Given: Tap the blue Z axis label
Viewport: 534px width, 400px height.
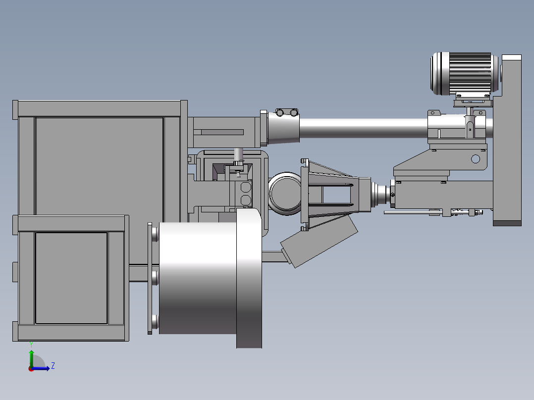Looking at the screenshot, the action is click(53, 366).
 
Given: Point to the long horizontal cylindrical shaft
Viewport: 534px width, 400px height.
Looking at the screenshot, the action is click(363, 128).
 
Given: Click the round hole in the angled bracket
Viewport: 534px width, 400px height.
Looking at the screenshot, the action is click(476, 158).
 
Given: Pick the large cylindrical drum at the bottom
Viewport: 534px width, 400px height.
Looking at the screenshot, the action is click(198, 278).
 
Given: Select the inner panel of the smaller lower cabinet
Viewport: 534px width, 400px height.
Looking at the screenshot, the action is click(71, 278).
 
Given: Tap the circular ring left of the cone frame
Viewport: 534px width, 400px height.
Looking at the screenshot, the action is click(285, 194).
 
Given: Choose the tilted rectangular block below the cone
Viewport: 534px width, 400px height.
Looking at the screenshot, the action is click(319, 241).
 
